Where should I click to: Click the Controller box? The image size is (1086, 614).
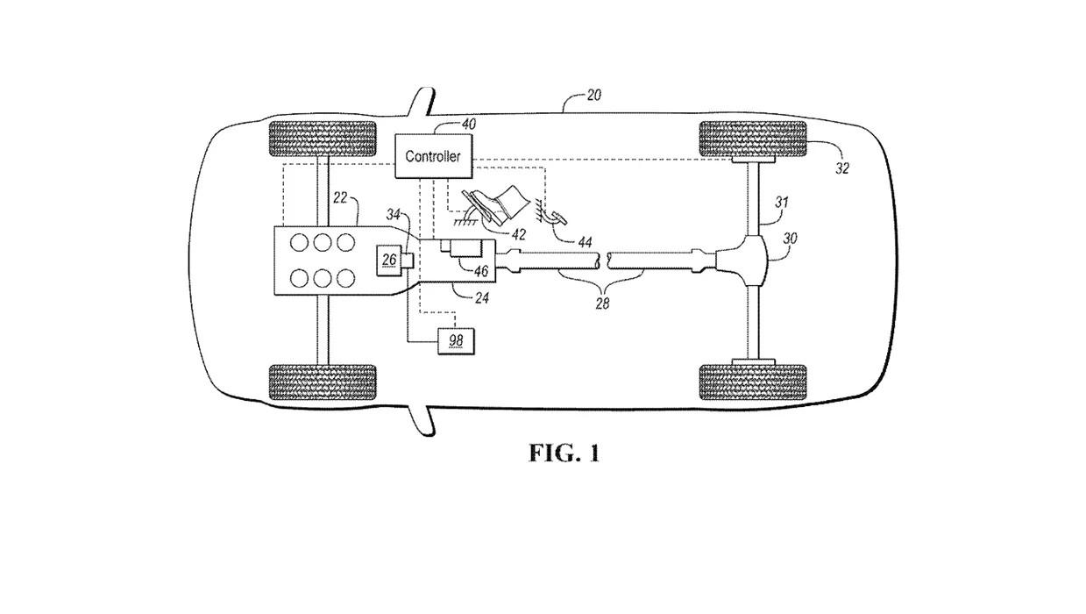point(433,156)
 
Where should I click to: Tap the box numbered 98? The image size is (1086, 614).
point(456,341)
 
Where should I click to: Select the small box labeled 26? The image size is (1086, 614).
point(389,260)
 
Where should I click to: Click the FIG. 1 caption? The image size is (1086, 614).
point(564,453)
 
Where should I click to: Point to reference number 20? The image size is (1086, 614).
point(593,95)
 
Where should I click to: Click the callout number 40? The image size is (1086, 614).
point(468,125)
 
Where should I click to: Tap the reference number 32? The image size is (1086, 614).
point(842,168)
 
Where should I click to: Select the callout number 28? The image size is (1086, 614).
point(602,303)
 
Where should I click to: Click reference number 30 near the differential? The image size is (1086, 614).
point(791,238)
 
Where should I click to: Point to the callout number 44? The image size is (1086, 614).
point(586,241)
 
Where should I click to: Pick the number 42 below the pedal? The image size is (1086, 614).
point(519,235)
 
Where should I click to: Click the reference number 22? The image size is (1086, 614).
point(340,197)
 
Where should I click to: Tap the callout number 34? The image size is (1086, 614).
point(394,214)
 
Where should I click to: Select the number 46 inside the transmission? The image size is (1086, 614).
point(481,271)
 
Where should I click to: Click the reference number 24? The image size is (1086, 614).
point(481,297)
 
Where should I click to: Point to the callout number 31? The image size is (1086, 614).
point(782,202)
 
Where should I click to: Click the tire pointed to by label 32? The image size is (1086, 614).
point(753,139)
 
